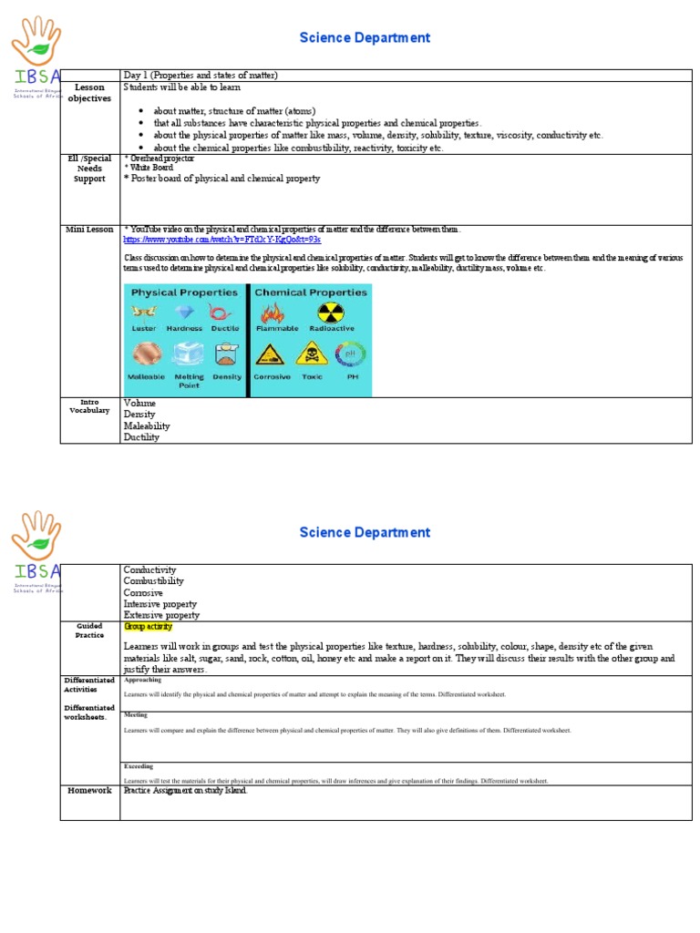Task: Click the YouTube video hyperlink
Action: click(x=221, y=240)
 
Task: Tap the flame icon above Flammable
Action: click(x=272, y=313)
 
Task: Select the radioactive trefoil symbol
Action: click(x=325, y=313)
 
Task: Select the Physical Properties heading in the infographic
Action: click(x=184, y=292)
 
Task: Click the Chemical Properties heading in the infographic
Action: click(x=311, y=292)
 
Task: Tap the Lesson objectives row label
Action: click(x=89, y=93)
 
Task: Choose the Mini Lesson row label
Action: click(x=89, y=230)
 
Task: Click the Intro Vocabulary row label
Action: click(x=89, y=405)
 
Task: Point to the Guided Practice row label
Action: click(x=89, y=631)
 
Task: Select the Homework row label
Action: click(x=89, y=790)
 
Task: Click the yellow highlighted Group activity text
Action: click(x=148, y=627)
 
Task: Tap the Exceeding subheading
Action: click(x=139, y=766)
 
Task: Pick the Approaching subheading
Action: click(x=142, y=680)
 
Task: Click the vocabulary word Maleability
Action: click(x=147, y=425)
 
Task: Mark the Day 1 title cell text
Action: click(x=201, y=75)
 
